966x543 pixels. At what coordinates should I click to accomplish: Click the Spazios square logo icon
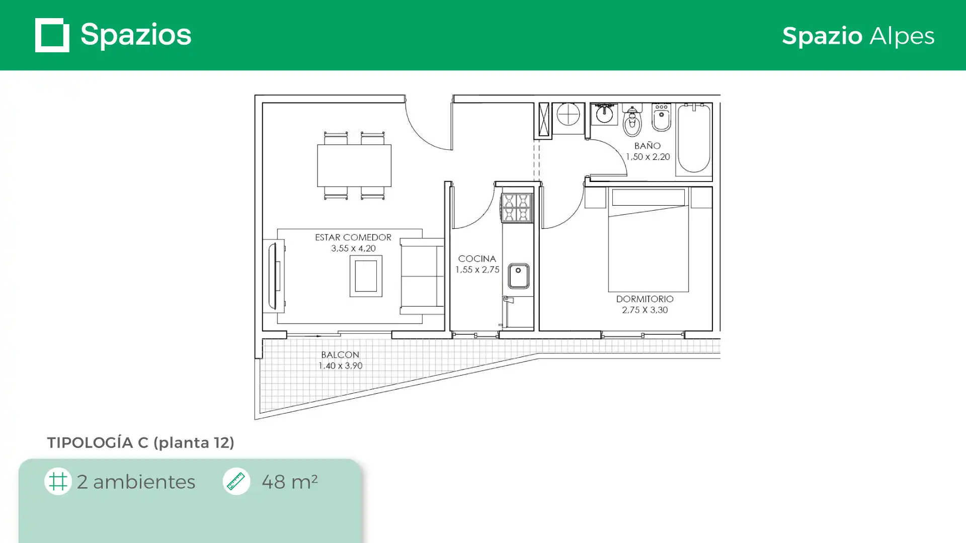52,35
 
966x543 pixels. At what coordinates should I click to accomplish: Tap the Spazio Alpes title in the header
858,36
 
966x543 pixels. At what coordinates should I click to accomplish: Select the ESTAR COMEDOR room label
353,237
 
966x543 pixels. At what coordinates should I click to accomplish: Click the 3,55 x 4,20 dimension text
353,248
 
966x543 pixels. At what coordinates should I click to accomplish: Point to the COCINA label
477,258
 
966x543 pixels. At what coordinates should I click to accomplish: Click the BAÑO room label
648,145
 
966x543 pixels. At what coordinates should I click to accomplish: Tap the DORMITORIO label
645,299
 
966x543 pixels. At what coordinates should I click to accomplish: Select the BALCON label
340,354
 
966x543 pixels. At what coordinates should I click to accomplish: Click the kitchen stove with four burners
517,208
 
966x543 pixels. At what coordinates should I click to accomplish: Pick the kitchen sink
518,276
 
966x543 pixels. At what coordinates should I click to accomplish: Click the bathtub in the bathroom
694,138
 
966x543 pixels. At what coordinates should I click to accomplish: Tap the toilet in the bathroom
632,121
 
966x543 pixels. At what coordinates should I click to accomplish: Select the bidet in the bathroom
661,118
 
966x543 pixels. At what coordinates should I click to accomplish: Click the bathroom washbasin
604,114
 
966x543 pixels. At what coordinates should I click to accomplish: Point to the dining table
354,165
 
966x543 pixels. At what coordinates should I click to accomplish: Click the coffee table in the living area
366,276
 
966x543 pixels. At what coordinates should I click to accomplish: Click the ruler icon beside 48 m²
236,481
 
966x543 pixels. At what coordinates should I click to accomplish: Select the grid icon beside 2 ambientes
58,481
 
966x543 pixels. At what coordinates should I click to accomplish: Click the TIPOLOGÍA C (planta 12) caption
140,443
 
